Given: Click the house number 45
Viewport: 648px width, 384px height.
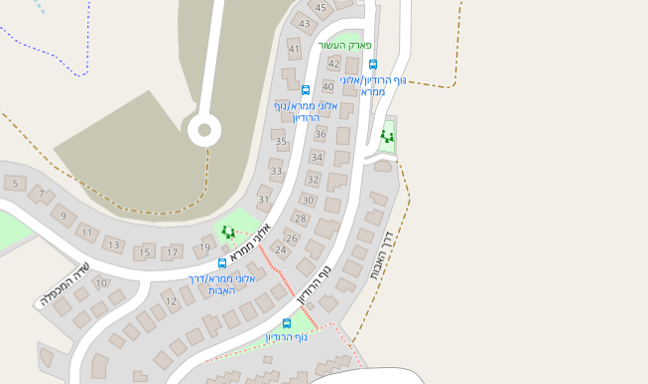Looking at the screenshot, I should tap(321, 8).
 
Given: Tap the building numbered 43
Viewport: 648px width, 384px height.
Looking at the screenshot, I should tap(305, 23).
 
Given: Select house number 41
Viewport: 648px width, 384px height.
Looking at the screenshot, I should tap(294, 49).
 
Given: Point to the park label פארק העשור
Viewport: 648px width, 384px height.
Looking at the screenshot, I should tap(344, 46).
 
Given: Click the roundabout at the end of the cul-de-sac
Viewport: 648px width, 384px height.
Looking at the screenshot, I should tap(205, 128).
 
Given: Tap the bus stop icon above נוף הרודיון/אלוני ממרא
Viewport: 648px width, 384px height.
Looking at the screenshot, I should tap(373, 64).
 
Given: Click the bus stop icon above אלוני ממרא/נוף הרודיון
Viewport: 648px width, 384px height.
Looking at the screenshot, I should tap(306, 90).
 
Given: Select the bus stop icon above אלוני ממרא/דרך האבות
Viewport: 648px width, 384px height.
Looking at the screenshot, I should tap(222, 263).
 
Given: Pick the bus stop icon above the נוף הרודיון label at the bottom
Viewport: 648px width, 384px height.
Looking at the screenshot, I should tap(287, 323).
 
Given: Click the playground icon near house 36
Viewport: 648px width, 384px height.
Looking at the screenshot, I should tap(386, 136).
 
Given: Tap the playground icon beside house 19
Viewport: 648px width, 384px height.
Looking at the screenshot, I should tap(228, 232).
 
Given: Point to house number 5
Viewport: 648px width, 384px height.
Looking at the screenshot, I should tap(15, 184).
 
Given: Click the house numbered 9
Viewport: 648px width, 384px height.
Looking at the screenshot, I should tap(63, 215).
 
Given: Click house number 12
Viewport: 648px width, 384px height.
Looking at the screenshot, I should tap(171, 301).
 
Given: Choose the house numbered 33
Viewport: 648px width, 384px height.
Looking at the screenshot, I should tap(276, 172).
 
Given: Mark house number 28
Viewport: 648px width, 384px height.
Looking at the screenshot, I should tap(301, 218).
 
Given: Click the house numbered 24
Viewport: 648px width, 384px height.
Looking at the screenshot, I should tap(281, 250).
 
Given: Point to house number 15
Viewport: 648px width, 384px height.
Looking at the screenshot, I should tap(144, 252).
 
